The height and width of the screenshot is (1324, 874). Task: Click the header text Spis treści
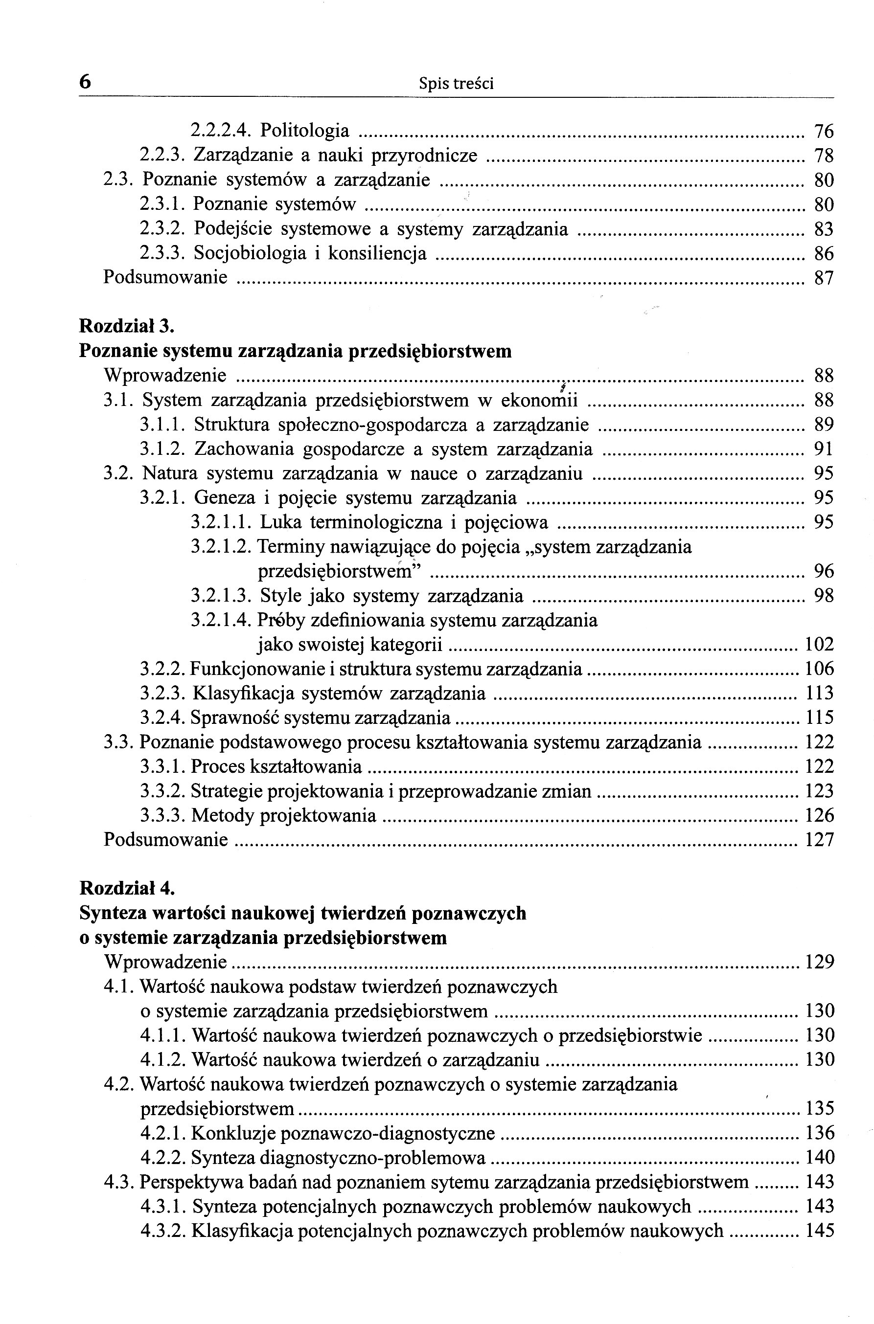pyautogui.click(x=456, y=84)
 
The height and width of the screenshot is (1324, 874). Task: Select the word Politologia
pyautogui.click(x=305, y=131)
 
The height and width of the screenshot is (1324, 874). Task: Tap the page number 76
pyautogui.click(x=824, y=132)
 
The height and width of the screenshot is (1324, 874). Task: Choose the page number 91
pyautogui.click(x=824, y=449)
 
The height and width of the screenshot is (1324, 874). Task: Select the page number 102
pyautogui.click(x=819, y=645)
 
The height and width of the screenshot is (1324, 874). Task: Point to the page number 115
pyautogui.click(x=819, y=718)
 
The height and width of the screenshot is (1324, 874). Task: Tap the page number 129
pyautogui.click(x=819, y=962)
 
